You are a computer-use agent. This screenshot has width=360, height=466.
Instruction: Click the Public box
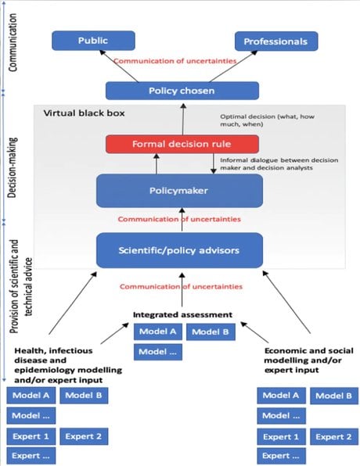coord(93,41)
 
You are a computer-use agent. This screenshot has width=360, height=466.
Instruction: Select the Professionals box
coord(276,41)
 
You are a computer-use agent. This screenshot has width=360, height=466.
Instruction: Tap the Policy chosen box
coord(182,91)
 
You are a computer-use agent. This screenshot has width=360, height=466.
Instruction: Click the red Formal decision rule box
coord(182,144)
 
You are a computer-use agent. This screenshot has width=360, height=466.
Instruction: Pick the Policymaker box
coord(179,191)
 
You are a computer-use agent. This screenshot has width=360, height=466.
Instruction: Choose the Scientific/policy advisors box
coord(179,250)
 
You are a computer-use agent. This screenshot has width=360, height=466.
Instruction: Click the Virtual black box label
coord(85,113)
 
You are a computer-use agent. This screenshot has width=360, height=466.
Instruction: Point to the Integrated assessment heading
coord(182,315)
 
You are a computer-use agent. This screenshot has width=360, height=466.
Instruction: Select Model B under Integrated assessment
coord(211,332)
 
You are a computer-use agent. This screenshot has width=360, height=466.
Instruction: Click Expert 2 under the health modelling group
coord(84,436)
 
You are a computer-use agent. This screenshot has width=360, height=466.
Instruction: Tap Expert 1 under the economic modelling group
coord(281,437)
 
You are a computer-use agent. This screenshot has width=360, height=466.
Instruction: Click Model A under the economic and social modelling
coord(281,396)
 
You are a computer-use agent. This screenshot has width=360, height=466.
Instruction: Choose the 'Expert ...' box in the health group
coord(31,456)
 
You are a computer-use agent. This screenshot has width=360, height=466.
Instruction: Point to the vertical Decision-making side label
coord(13,167)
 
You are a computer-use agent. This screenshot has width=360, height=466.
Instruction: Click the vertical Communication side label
coord(13,42)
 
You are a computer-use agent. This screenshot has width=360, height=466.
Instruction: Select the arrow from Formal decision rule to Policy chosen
coord(183,119)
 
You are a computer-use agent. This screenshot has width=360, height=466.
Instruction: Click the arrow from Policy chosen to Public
coord(119,66)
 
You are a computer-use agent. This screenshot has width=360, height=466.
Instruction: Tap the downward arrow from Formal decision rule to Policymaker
coord(214,163)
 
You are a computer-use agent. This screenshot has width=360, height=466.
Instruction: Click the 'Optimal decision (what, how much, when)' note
coord(267,120)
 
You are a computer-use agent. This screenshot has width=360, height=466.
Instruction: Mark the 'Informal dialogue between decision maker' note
coord(279,164)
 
